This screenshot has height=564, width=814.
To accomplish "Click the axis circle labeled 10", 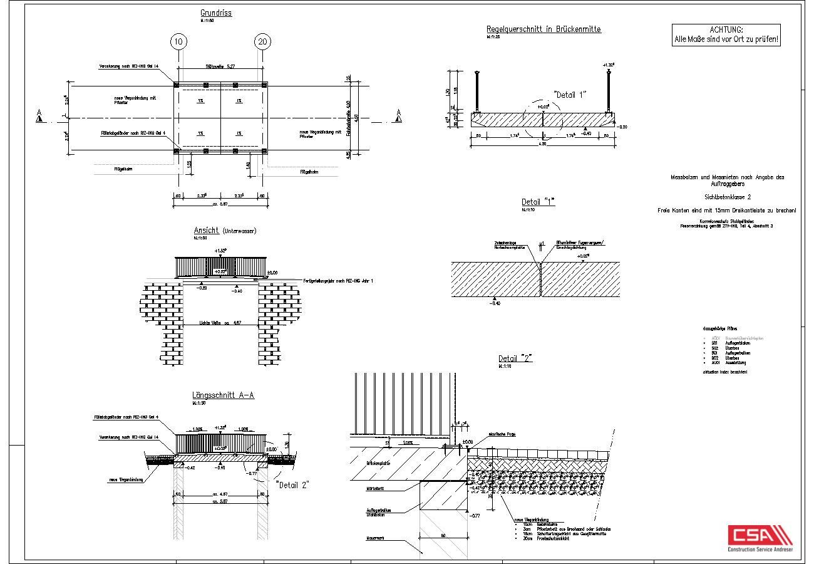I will (178, 42).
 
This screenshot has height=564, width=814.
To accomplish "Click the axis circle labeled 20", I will (262, 42).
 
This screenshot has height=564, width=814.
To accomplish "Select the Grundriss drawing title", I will (216, 13).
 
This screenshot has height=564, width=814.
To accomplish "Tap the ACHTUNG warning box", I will (726, 35).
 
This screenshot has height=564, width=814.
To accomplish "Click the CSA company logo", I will (760, 540).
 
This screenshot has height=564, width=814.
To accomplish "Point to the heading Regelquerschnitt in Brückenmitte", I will (544, 29).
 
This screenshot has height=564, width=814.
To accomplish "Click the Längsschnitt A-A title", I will (223, 395).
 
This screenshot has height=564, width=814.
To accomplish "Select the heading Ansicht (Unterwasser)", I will (225, 231).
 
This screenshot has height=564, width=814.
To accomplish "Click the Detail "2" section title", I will (515, 358).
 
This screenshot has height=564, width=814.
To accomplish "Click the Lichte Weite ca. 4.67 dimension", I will (220, 323).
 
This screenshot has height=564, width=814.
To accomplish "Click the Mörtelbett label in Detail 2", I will (375, 488).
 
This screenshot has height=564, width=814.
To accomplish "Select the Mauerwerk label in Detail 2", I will (376, 538).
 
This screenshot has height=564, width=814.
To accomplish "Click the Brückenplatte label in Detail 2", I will (378, 463).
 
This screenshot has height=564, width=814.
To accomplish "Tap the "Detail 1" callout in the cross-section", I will (570, 95).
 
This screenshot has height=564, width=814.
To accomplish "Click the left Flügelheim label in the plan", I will (123, 169).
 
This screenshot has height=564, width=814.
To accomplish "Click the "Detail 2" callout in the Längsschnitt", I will (292, 484).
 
